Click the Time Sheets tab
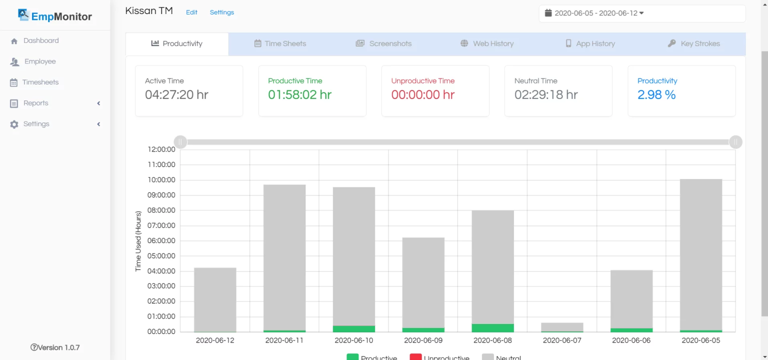point(280,43)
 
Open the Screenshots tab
point(383,43)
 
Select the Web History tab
point(487,43)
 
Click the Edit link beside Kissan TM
point(191,12)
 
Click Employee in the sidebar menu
point(40,61)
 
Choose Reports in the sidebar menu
point(36,103)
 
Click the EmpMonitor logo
point(55,16)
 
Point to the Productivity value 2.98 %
point(656,95)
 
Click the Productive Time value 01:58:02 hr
point(299,95)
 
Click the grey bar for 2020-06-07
point(562,326)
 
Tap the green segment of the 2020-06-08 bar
point(493,328)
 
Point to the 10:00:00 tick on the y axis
point(161,180)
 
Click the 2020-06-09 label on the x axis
point(423,340)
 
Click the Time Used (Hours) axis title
point(138,241)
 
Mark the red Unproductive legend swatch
point(415,357)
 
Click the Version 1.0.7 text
point(55,347)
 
